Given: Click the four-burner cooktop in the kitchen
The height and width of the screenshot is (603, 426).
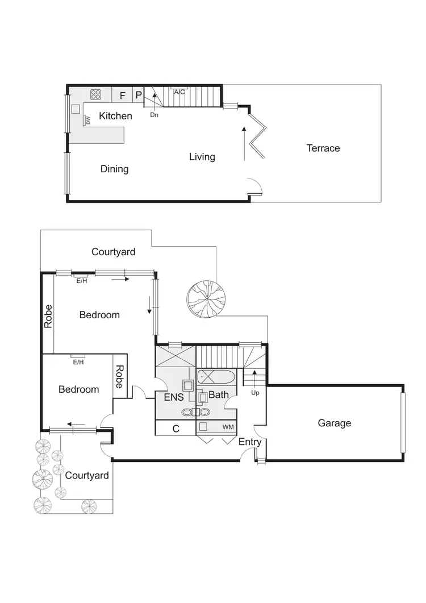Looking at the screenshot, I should coord(95,95).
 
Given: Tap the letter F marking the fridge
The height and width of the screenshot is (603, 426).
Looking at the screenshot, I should coord(122,95).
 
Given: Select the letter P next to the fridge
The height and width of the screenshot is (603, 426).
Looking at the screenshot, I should coord(138,95).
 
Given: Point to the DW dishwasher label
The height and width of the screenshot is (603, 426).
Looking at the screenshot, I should coord(88,120).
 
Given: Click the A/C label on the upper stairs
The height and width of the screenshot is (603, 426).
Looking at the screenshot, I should coord(179,92).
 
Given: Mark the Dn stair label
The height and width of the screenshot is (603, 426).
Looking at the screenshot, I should coord(154,115).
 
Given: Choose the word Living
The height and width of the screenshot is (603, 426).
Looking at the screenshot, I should coord(202,157).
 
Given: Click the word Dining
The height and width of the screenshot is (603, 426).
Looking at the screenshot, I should coord(115,169).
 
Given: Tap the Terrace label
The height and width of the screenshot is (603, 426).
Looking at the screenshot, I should coord(323,148).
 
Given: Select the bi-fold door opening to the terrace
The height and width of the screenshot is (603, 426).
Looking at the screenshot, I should coord(257,136).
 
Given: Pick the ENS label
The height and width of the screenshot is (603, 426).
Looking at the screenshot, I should coord(174,398).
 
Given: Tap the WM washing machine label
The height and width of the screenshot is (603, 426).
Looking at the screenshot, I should coord(228,426).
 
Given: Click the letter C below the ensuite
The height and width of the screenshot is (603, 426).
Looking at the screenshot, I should coord(176,429).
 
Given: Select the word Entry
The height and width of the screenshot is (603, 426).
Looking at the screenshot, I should coord(250,442).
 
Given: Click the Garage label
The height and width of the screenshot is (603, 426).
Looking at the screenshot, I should coord(334,423).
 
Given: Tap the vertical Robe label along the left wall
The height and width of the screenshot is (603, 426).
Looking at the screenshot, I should coord(48,317).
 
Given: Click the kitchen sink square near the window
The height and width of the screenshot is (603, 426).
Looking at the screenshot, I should coord(76,108).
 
